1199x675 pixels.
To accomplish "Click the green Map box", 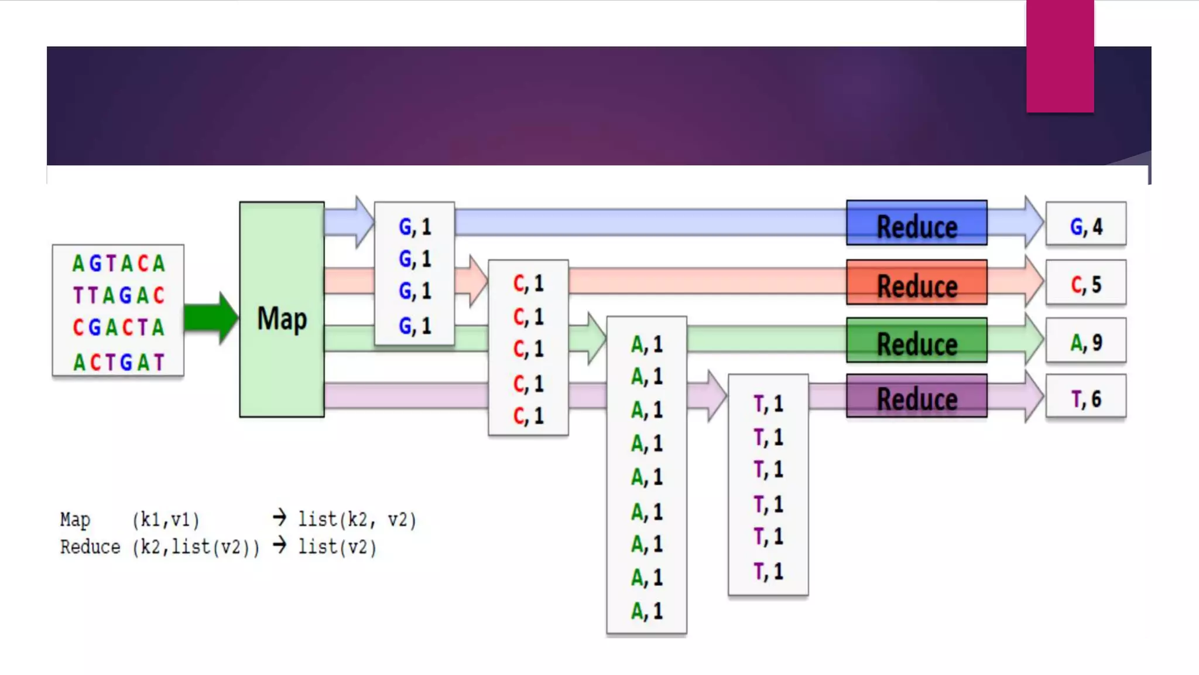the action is coord(282,309).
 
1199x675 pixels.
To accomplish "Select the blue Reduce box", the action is coord(917,223).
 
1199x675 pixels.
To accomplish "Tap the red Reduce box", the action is coord(917,282).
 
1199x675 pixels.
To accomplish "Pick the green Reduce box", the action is coord(917,340).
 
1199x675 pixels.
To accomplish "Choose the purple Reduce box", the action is coord(917,396).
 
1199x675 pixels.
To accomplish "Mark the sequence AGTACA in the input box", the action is coord(118,264).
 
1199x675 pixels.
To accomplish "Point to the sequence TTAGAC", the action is coord(118,295).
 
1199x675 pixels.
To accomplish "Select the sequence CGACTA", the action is coord(118,327).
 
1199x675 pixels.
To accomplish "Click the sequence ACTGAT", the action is coord(118,362).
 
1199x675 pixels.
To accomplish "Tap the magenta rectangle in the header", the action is coord(1060,56).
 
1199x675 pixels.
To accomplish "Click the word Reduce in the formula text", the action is coord(90,547).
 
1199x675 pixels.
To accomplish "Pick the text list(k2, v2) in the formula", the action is coord(357,520).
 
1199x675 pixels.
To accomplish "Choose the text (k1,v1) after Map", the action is coord(166,520).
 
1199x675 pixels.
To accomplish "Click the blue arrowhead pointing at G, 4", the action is coord(1034,222).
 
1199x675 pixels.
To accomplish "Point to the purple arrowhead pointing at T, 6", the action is coord(1034,396).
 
